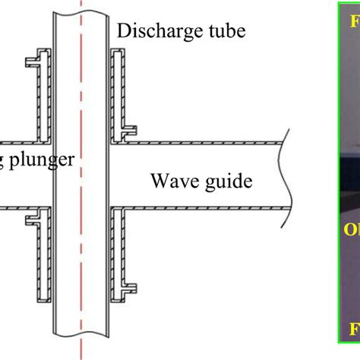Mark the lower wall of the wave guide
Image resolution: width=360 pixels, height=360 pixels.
(205, 206)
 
